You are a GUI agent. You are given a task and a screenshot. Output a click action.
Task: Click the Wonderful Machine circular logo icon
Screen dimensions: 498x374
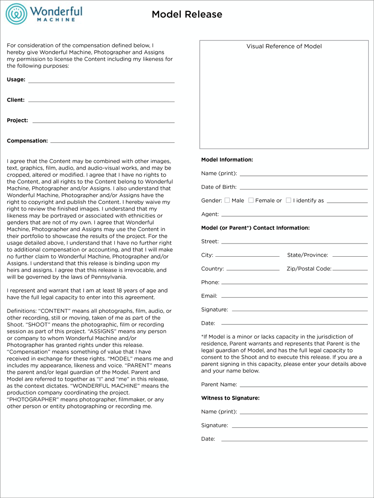point(16,14)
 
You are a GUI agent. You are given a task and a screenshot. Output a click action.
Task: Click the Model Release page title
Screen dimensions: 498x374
point(187,15)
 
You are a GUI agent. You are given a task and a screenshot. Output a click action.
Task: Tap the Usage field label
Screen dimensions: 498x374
point(16,80)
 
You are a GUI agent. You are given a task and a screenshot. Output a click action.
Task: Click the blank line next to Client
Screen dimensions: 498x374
point(101,101)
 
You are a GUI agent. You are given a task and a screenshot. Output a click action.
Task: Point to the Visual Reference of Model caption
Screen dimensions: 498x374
point(284,46)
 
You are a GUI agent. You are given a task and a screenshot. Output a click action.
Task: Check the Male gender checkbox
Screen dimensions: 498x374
point(227,200)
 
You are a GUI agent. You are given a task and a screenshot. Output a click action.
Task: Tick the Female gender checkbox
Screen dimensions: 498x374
point(251,200)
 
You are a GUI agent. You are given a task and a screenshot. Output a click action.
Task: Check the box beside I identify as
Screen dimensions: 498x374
point(289,200)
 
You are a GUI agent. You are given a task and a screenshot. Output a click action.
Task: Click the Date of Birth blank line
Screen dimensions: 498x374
point(304,189)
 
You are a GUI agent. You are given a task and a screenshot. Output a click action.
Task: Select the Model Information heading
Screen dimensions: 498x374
point(227,160)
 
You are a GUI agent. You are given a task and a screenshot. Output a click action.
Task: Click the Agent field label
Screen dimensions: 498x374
point(210,214)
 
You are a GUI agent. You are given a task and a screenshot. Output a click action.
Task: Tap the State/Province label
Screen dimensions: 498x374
point(308,255)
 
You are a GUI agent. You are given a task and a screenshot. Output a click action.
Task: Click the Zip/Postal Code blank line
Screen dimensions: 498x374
point(350,269)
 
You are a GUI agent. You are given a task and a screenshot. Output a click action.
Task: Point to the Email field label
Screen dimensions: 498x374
point(209,296)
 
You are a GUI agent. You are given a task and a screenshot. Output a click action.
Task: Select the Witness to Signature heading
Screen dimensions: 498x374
point(230,398)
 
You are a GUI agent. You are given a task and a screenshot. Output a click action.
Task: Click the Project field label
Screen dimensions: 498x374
point(17,120)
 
